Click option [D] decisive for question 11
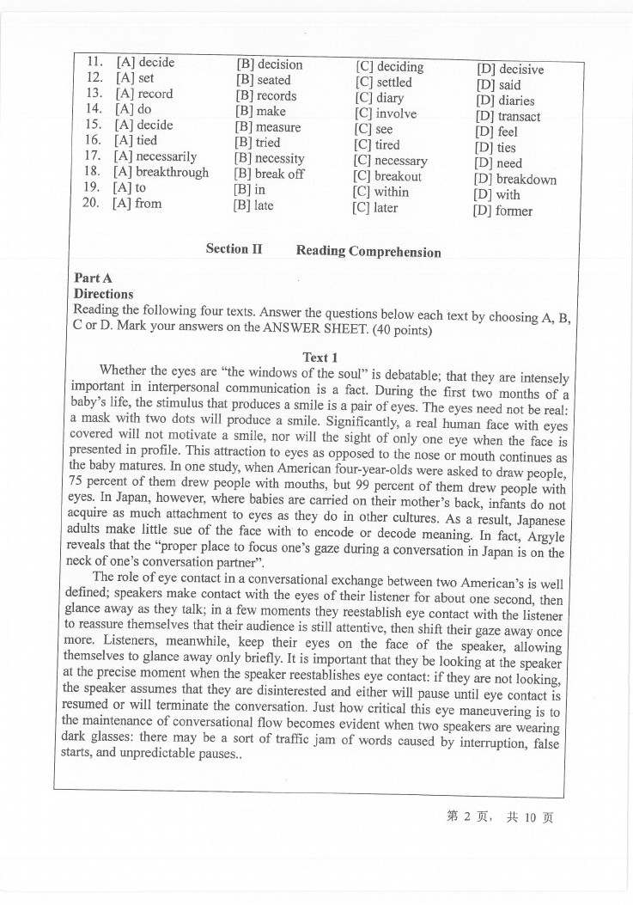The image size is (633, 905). (x=509, y=70)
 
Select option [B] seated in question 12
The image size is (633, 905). (x=263, y=80)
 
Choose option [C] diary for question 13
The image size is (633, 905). (x=378, y=98)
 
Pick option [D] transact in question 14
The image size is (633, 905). (x=508, y=116)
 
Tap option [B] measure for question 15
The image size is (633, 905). (x=267, y=127)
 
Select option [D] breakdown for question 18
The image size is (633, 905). (x=514, y=180)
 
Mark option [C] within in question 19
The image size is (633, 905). (x=380, y=192)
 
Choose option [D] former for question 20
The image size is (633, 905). (x=502, y=211)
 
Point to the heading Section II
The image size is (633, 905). (x=234, y=248)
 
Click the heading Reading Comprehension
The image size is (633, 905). (x=368, y=251)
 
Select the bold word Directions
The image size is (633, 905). (x=104, y=293)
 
